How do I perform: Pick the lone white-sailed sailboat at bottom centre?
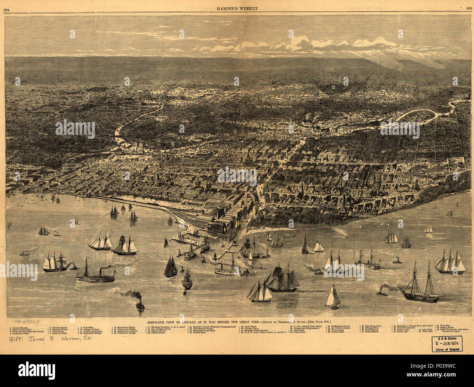[x=333, y=297]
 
